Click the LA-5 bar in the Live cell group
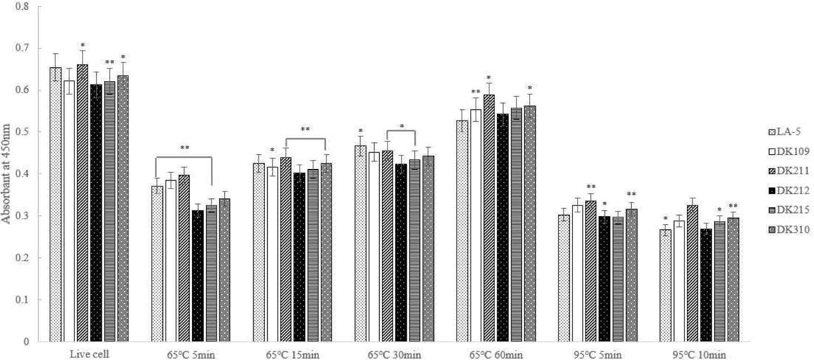pyautogui.click(x=56, y=205)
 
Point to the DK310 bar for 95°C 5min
pyautogui.click(x=631, y=275)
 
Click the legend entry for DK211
pyautogui.click(x=789, y=171)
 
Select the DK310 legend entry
pyautogui.click(x=789, y=229)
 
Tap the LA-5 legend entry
pyautogui.click(x=785, y=132)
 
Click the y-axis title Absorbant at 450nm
pyautogui.click(x=6, y=174)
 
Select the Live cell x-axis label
pyautogui.click(x=89, y=354)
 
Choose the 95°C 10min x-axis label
pyautogui.click(x=699, y=355)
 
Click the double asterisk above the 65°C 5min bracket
pyautogui.click(x=184, y=148)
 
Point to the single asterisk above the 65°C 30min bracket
pyautogui.click(x=402, y=127)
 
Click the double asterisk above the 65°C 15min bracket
pyautogui.click(x=305, y=129)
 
